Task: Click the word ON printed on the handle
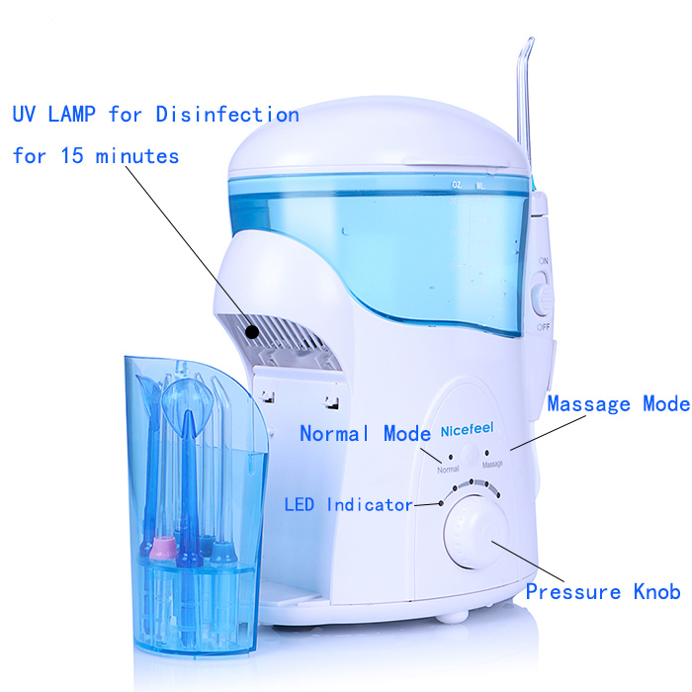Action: [x=543, y=261]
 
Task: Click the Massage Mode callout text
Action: [x=618, y=404]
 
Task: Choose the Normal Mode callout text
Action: [x=365, y=433]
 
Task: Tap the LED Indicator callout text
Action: [x=348, y=505]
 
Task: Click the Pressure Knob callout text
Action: [x=602, y=592]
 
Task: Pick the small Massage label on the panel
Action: [x=492, y=464]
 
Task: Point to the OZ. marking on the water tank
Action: [x=456, y=184]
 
